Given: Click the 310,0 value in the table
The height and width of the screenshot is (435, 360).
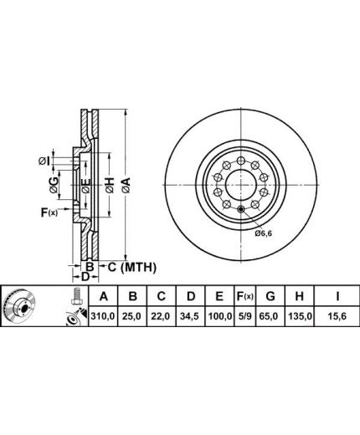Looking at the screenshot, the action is point(103,316).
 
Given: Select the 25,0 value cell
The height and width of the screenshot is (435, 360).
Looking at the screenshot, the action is point(132,316).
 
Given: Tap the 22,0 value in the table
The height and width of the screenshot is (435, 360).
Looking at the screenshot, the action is point(161,316).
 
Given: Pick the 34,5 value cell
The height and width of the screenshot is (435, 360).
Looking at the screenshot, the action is point(191,316).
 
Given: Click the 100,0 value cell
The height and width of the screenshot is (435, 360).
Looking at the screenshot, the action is point(219,316).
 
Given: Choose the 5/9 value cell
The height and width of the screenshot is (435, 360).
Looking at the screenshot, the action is point(245,316).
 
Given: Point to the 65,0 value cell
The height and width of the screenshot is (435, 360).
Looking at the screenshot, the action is point(270,316).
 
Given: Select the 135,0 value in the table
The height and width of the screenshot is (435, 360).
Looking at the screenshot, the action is point(300,316).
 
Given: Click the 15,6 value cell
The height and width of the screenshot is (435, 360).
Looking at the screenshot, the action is point(337,316).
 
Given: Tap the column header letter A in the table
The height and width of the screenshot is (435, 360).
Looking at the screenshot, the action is point(104,296).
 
